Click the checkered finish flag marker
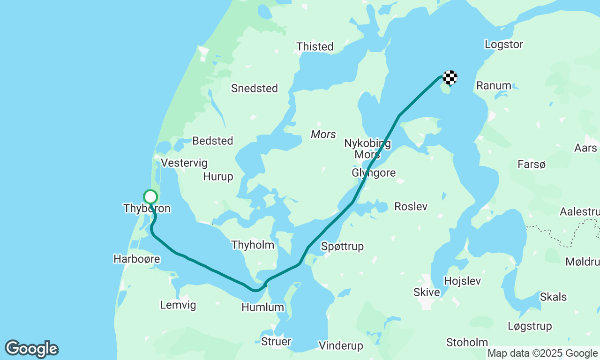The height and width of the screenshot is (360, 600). pyautogui.click(x=450, y=77)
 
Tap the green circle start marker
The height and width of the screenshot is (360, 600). pyautogui.click(x=150, y=197)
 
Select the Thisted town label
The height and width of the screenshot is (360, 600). pyautogui.click(x=315, y=46)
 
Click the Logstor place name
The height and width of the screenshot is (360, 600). pyautogui.click(x=504, y=45)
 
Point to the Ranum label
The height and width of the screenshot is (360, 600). pyautogui.click(x=494, y=85)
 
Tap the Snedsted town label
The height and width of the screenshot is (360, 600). pyautogui.click(x=255, y=88)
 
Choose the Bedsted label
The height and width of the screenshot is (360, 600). pyautogui.click(x=213, y=141)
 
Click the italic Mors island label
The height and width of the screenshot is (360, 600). pyautogui.click(x=323, y=135)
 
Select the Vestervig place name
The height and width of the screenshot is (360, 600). pyautogui.click(x=184, y=163)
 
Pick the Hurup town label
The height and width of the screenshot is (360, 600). pyautogui.click(x=218, y=176)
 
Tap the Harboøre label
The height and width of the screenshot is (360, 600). pyautogui.click(x=137, y=259)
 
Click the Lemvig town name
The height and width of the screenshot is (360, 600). pyautogui.click(x=178, y=305)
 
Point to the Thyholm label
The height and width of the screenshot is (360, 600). pyautogui.click(x=253, y=245)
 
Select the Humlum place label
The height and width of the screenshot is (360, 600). pyautogui.click(x=263, y=307)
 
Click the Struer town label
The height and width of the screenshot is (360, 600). pyautogui.click(x=276, y=341)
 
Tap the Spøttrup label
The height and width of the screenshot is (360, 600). pyautogui.click(x=343, y=247)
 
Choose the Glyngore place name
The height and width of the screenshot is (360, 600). pyautogui.click(x=374, y=173)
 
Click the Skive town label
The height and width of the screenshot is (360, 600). pyautogui.click(x=427, y=292)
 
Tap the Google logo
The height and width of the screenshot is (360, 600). pyautogui.click(x=31, y=349)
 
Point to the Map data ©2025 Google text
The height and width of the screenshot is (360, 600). pyautogui.click(x=542, y=353)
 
